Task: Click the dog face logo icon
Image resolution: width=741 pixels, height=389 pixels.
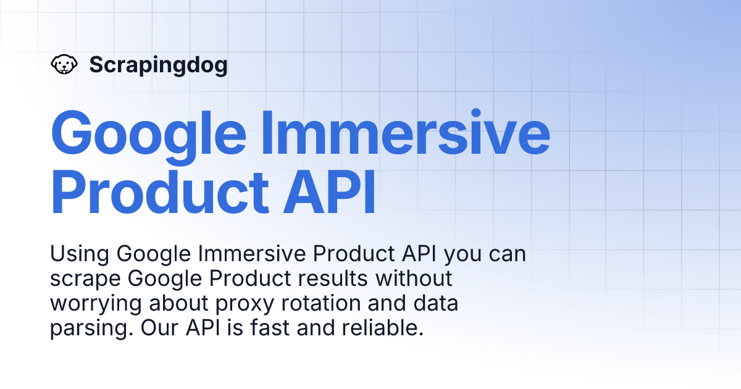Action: click(64, 64)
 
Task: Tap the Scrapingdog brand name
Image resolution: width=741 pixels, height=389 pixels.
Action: click(158, 64)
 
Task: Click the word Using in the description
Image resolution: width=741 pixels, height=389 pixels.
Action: click(79, 254)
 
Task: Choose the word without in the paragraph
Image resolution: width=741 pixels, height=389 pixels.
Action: click(415, 278)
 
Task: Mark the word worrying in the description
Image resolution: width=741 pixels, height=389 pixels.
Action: click(93, 303)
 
